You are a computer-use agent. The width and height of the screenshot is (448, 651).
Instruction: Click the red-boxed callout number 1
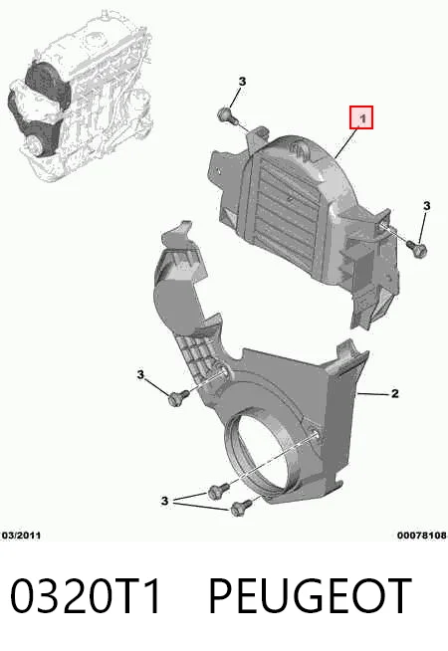click(x=362, y=117)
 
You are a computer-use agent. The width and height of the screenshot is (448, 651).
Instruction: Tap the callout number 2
click(x=395, y=393)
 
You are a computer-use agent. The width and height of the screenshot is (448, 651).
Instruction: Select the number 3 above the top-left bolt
click(x=242, y=82)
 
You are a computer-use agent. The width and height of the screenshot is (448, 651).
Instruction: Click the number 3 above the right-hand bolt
click(x=426, y=205)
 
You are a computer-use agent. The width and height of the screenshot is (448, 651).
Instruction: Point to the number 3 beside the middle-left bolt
click(x=140, y=374)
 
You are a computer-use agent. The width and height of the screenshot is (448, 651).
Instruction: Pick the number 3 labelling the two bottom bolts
click(x=165, y=501)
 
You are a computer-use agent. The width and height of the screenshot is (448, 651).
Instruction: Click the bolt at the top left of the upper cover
click(x=226, y=115)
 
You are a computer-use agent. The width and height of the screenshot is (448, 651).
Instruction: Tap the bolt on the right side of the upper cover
click(x=417, y=248)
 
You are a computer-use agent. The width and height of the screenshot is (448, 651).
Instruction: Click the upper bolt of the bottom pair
click(x=218, y=491)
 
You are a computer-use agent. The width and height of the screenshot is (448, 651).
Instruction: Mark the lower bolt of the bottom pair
click(x=240, y=507)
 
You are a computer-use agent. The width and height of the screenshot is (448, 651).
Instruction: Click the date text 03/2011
click(x=21, y=536)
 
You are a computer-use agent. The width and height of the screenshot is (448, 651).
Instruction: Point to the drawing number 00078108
click(x=421, y=536)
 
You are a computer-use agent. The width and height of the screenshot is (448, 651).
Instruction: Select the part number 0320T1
click(x=86, y=596)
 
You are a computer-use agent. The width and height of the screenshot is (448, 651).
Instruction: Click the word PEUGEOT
click(x=311, y=596)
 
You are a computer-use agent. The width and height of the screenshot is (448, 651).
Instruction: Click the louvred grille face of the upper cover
click(x=286, y=207)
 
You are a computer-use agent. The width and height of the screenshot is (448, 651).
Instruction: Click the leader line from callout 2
click(x=372, y=393)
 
